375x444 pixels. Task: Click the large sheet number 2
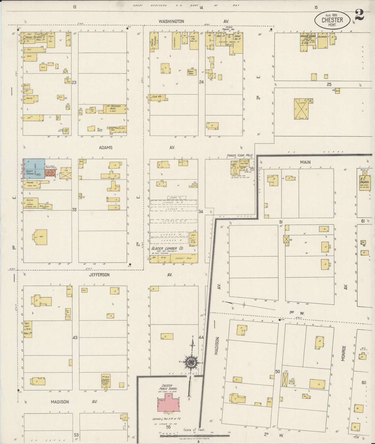[x=359, y=15]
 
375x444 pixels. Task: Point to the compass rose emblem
[x=191, y=361]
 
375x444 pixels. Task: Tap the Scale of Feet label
[x=194, y=429]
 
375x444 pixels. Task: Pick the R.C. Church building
[x=364, y=184]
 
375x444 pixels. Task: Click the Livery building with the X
[x=301, y=109]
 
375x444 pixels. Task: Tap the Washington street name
[x=172, y=21]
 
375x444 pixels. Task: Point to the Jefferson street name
[x=99, y=275]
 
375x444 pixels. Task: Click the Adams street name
[x=106, y=147]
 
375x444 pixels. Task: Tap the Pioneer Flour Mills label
[x=240, y=155]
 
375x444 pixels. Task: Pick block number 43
[x=75, y=338]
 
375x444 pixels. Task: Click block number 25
[x=329, y=84]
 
